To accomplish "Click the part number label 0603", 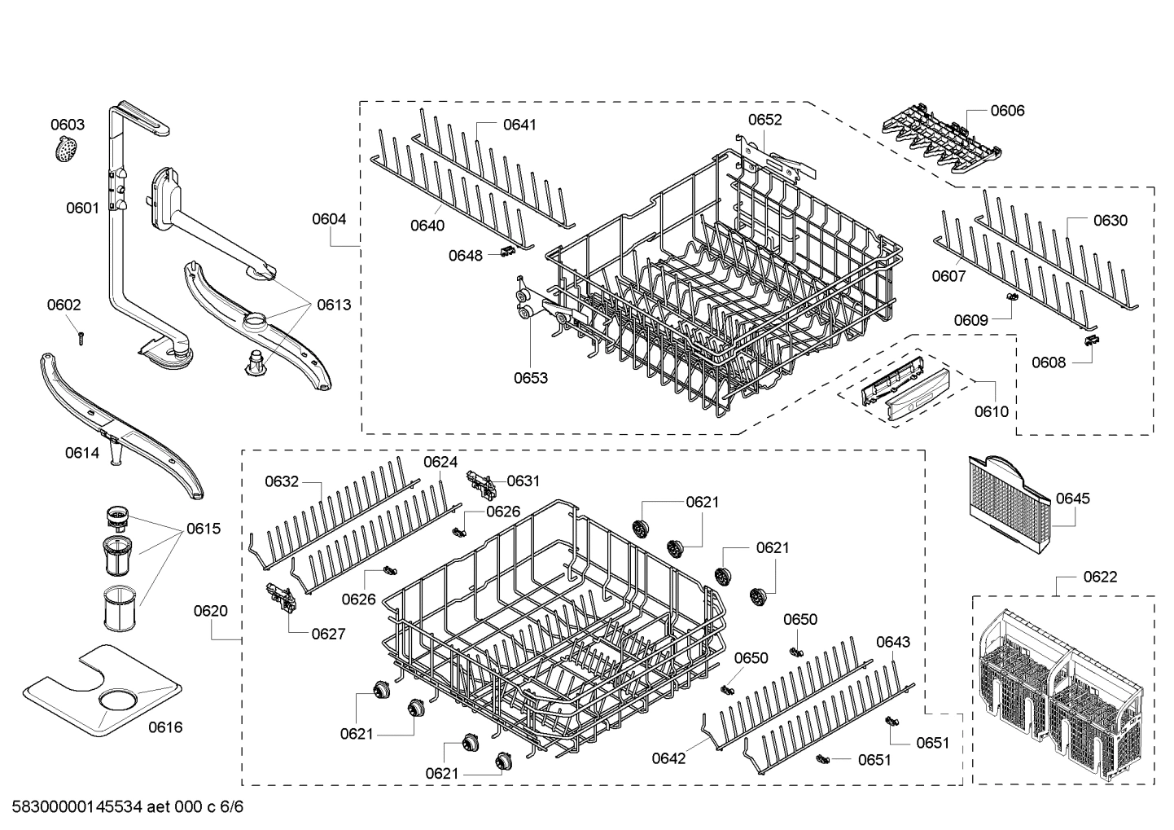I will coord(68,125).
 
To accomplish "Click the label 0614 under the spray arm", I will coord(82,453).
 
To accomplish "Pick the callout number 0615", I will coord(203,529).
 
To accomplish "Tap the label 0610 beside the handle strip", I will coord(991,412).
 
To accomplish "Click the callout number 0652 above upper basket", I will coord(764,120).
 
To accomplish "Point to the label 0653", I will coord(530,378).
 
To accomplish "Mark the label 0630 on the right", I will coord(1110,221).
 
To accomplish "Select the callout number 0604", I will coord(329,219).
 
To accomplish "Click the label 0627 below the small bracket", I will coord(328,634).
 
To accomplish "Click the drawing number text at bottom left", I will coord(127,808).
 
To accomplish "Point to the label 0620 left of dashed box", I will coord(211,611).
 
